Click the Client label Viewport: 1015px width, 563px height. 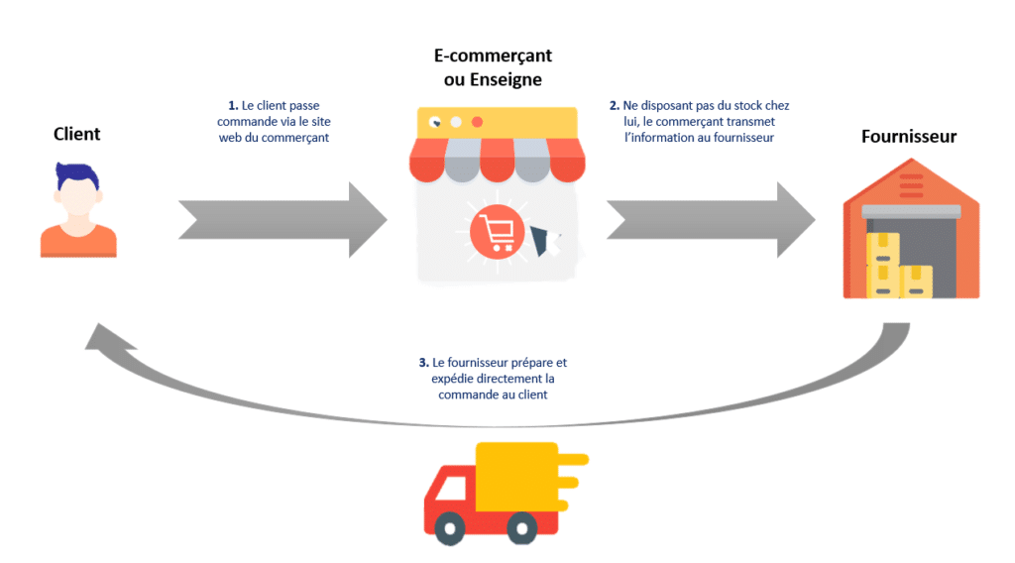76,133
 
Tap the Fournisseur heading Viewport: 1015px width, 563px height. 908,136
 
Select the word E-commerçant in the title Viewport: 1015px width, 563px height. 493,56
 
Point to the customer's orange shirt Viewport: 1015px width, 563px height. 78,241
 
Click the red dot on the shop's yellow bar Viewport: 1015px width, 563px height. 477,122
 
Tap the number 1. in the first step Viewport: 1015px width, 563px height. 234,105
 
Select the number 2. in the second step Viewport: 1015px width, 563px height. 615,105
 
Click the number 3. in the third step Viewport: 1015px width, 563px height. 423,363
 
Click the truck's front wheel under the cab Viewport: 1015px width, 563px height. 451,526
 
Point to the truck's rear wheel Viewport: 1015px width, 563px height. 520,526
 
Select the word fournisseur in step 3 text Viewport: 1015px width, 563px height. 479,363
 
